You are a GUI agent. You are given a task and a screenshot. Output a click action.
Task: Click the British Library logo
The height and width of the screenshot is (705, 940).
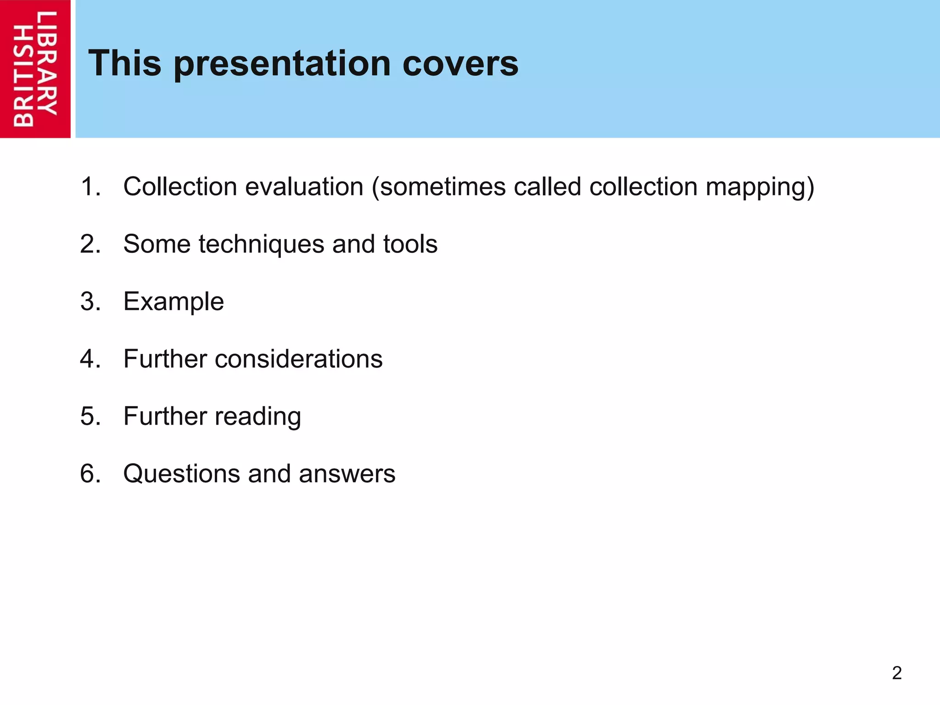[x=35, y=69]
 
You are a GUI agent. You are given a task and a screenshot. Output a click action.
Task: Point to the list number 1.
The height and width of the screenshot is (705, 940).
[x=90, y=187]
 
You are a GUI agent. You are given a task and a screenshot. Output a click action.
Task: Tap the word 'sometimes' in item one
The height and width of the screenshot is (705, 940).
[x=442, y=187]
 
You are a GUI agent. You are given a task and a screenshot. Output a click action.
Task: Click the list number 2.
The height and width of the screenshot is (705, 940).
[x=90, y=244]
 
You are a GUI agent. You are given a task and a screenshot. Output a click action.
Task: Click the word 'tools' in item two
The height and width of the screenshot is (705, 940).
[x=410, y=244]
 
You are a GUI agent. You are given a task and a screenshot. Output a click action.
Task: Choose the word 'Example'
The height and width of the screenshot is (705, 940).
[x=173, y=302]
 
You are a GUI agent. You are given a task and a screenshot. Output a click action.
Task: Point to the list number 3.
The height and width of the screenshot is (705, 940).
[x=90, y=302]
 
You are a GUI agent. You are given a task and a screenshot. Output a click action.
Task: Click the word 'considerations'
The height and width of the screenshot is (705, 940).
[x=298, y=359]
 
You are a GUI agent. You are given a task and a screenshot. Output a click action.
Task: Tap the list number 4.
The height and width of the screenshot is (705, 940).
[x=90, y=359]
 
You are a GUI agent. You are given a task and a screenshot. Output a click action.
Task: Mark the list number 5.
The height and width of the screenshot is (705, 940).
[x=90, y=416]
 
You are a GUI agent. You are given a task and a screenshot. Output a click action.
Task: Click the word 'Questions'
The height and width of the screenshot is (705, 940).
[x=181, y=474]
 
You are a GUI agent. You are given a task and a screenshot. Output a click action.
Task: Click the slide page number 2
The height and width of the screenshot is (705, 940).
[x=896, y=673]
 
